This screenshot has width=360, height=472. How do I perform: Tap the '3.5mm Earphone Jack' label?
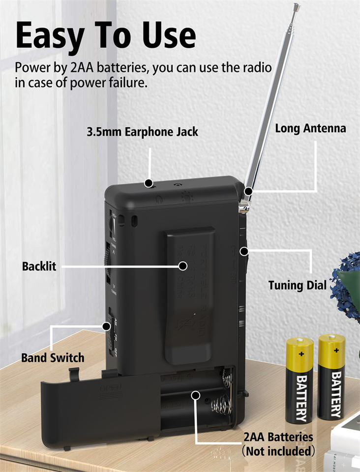142,131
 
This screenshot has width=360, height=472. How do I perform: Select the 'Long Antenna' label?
310,129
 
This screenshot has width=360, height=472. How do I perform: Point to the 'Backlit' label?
39,266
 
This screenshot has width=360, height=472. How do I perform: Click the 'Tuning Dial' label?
298,286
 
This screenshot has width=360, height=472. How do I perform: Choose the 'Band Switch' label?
53,357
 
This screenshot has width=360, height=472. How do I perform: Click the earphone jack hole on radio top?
148,183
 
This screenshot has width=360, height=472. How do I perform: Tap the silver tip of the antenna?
296,6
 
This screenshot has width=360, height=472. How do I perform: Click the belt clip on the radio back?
184,295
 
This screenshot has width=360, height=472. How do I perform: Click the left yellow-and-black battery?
300,380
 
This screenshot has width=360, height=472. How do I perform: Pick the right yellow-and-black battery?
331,376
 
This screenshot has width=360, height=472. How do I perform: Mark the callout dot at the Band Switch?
106,325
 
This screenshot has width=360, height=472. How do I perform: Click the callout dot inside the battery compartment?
196,394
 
